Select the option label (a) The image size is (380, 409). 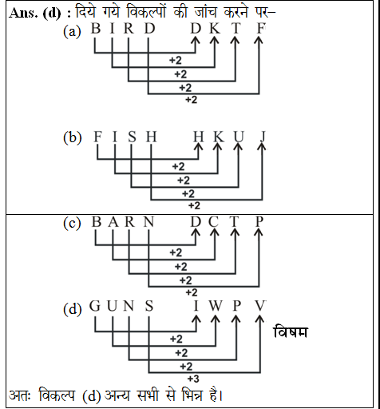tap(73, 32)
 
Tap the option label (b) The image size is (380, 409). tap(73, 137)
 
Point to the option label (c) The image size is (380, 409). tap(73, 224)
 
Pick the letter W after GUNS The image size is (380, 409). tap(215, 306)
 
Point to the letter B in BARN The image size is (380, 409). tap(97, 223)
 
